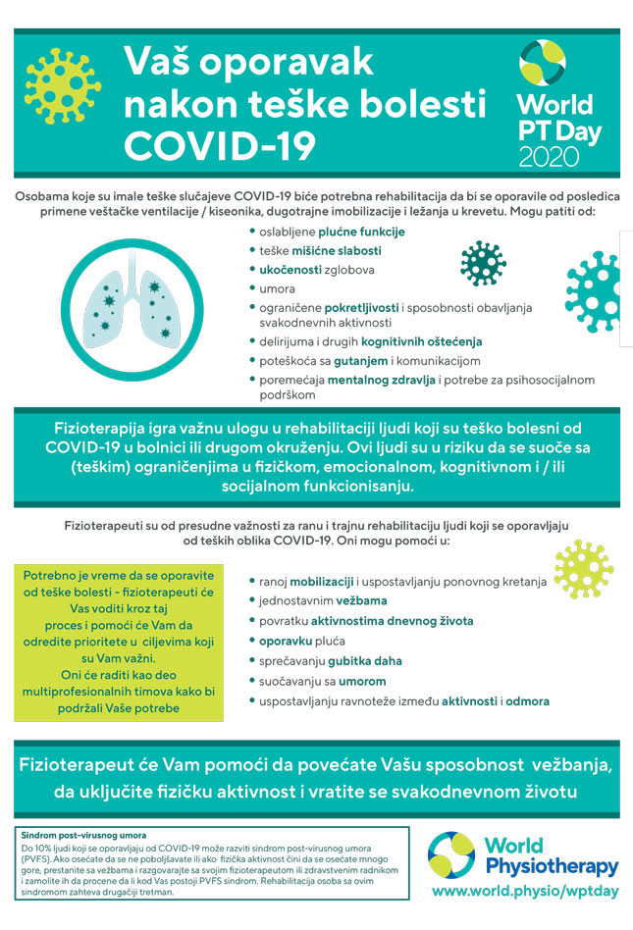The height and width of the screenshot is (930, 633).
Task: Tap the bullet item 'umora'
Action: point(277,287)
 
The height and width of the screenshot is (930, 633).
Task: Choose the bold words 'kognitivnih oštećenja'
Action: point(421,341)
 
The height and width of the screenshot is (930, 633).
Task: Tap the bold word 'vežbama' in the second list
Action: point(362,600)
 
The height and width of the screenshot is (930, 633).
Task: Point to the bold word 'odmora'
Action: point(527,700)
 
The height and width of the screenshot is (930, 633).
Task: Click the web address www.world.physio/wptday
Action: point(526,891)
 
